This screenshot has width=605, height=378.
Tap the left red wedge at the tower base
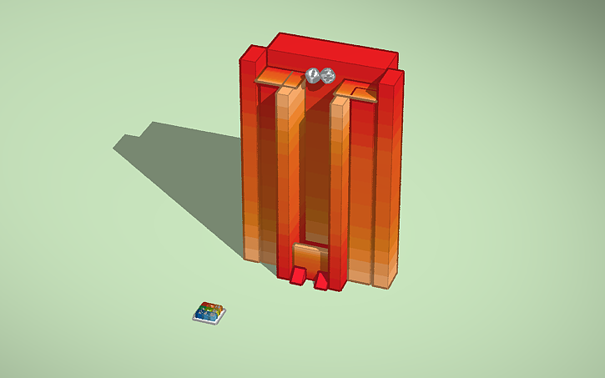298,275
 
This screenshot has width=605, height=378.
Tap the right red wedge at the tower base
321,280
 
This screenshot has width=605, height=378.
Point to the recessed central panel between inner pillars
313,167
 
